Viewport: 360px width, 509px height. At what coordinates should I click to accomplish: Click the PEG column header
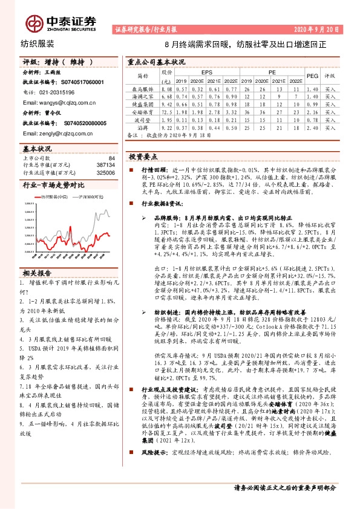(312, 77)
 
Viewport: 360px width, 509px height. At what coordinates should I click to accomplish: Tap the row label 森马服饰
(143, 88)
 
